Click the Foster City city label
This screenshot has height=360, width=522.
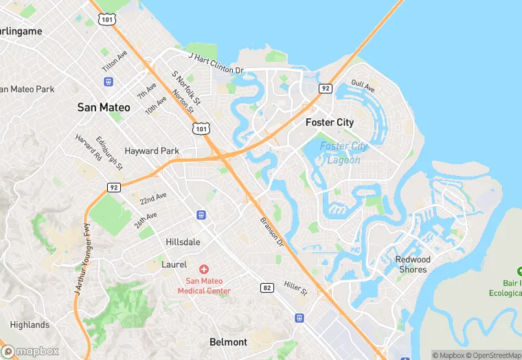(329, 122)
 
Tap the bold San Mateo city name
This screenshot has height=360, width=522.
(104, 107)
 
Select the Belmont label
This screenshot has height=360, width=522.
(228, 342)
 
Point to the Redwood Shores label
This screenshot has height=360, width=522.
(413, 265)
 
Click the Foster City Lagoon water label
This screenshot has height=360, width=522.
(343, 153)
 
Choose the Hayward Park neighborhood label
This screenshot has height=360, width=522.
(152, 151)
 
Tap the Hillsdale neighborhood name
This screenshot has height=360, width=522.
(183, 243)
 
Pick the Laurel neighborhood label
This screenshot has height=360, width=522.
(174, 264)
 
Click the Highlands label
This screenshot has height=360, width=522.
(30, 325)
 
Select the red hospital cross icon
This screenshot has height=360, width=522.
(204, 269)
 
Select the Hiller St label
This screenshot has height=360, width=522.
(296, 289)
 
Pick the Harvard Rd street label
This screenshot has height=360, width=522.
(89, 147)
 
